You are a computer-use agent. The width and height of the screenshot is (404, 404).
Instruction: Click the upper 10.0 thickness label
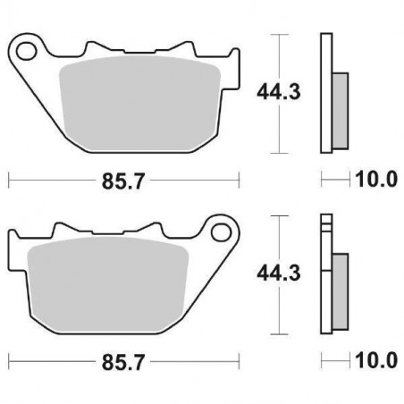375,179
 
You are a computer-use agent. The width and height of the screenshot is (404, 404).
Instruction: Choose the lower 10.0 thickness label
375,361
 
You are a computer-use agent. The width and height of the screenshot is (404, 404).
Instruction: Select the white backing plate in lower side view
326,277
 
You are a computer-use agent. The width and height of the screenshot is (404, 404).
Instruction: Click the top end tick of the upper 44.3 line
282,34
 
